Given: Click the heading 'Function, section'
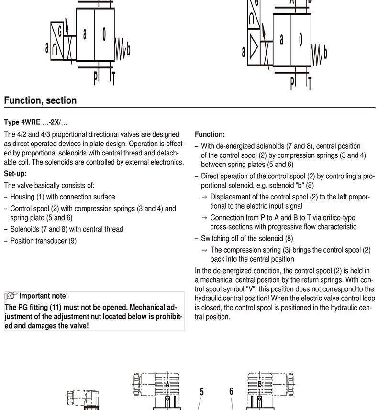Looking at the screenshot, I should (x=40, y=100).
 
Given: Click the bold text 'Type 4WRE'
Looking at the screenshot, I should (x=22, y=122).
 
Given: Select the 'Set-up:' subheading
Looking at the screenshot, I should (x=15, y=174).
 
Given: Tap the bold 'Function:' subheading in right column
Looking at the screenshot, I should (x=210, y=135).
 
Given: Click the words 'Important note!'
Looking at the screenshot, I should (x=44, y=296).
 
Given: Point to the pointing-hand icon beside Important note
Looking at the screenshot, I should (x=11, y=296).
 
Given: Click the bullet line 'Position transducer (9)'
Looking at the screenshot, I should (x=43, y=241).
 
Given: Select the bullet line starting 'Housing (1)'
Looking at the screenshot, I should (x=62, y=197).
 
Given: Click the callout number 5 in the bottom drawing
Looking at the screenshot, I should (x=201, y=392).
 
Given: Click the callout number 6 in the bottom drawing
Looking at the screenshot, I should (x=231, y=391).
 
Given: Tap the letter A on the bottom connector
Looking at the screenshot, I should (x=167, y=384).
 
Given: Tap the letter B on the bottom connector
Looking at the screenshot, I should (x=260, y=384).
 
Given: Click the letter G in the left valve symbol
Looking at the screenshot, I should (x=60, y=32).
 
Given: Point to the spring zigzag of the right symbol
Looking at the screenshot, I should (x=316, y=52).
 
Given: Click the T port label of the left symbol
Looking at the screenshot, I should (x=113, y=78).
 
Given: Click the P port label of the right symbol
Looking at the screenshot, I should (x=293, y=82).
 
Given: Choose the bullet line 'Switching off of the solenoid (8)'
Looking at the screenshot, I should (x=247, y=238).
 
